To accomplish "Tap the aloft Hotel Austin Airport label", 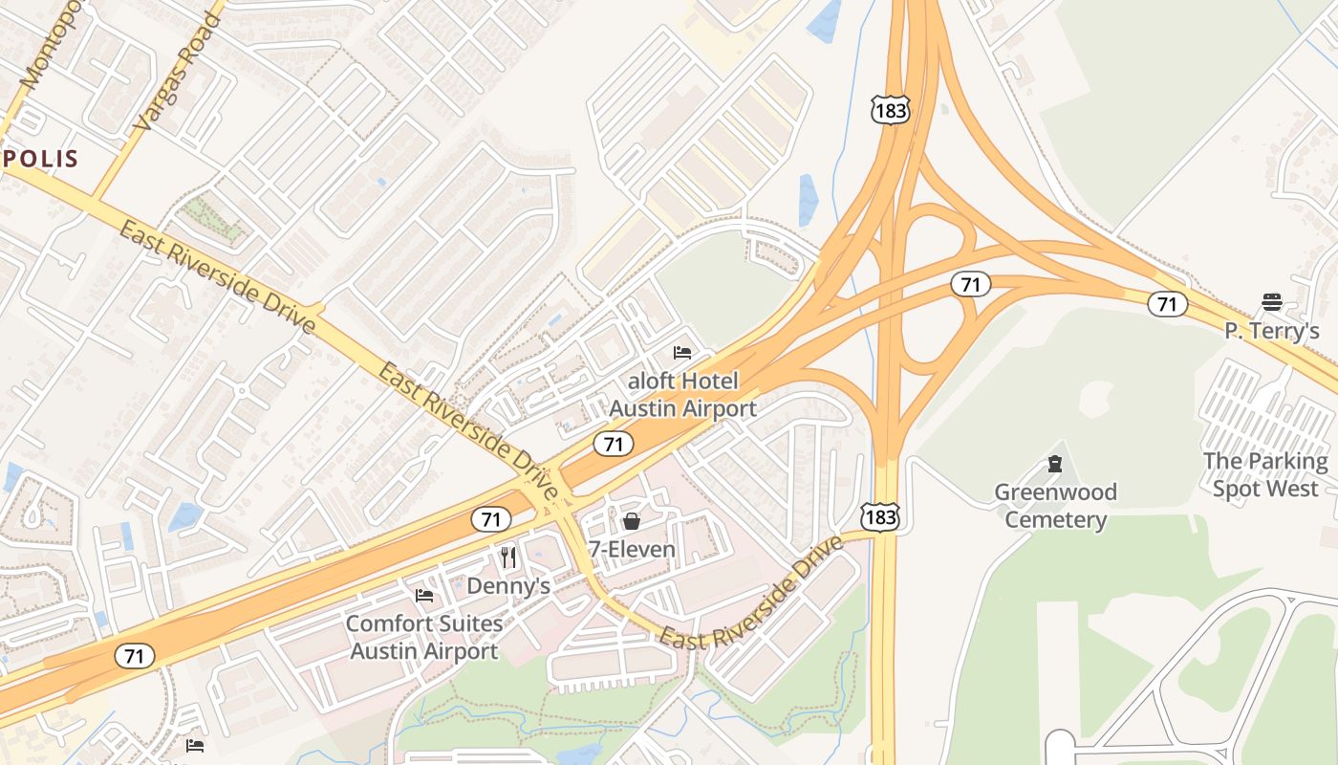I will click(x=682, y=395).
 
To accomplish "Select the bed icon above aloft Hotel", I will click(x=682, y=353).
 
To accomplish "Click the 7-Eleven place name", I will click(x=632, y=550).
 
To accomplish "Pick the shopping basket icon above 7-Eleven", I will click(x=632, y=521).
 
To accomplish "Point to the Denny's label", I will click(x=508, y=585).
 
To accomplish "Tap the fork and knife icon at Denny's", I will click(x=508, y=557).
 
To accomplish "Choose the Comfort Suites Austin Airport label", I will click(x=424, y=638).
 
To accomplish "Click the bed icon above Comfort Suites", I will click(x=424, y=596).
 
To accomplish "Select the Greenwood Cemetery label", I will click(x=1055, y=506).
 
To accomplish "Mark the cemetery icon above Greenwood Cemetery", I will click(x=1055, y=465).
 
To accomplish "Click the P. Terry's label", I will click(x=1272, y=331).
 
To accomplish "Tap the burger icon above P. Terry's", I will click(x=1271, y=302).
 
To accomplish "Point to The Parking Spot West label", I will click(x=1265, y=474).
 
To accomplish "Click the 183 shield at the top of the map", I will click(x=890, y=111).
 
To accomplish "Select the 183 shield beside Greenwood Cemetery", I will click(x=878, y=517).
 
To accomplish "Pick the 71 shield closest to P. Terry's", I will click(x=1167, y=304).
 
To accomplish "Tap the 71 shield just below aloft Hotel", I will click(x=613, y=444).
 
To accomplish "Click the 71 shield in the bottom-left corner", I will click(x=135, y=656).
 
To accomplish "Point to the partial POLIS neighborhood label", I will click(x=38, y=159).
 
